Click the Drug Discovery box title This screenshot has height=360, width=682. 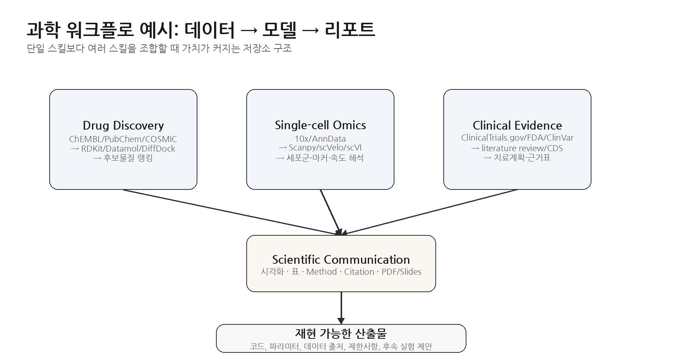pos(123,125)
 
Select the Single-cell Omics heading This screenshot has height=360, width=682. pos(320,125)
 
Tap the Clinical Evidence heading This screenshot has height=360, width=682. pos(517,125)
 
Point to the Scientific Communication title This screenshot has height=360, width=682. pos(341,260)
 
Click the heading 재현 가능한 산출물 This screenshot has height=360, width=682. pos(341,333)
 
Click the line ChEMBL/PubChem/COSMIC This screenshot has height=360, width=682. pos(123,139)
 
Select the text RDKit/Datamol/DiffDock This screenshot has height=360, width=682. pos(128,149)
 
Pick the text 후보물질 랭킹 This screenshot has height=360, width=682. pos(128,158)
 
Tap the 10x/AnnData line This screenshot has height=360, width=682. pos(320,139)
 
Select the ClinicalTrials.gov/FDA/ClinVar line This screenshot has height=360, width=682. pos(517,138)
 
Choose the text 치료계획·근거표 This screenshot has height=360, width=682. pos(522,158)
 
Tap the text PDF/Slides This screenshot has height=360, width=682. pos(401,272)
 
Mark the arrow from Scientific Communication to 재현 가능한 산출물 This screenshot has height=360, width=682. pos(341,308)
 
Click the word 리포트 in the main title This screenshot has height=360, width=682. pos(350,30)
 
